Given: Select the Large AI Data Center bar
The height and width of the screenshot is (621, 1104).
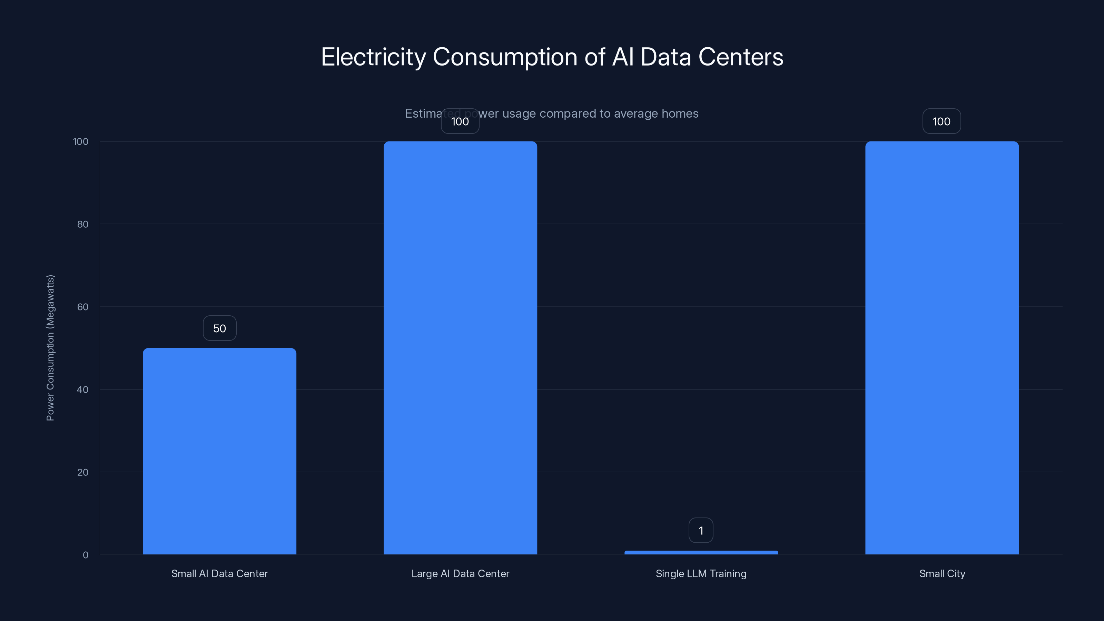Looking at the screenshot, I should point(460,347).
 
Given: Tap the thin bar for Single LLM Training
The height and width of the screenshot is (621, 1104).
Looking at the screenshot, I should point(701,552).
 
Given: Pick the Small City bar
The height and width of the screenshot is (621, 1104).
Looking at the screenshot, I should point(942,347).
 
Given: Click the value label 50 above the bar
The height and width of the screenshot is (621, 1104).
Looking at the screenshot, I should point(219,328).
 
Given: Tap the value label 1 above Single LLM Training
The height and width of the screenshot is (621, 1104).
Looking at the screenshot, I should point(701,531).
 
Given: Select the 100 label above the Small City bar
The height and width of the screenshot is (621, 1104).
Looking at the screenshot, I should point(942,121).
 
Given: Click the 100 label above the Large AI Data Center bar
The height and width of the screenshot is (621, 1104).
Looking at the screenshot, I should point(460,121).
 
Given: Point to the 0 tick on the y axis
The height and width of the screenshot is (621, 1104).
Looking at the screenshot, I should point(85,555).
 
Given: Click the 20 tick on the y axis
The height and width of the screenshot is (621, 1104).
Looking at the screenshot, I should point(83,472).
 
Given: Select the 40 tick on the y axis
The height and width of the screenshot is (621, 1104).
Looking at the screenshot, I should point(83,390).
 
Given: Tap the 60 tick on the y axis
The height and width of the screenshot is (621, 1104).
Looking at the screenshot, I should point(83,307).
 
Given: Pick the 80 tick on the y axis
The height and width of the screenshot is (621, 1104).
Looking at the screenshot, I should point(83,224).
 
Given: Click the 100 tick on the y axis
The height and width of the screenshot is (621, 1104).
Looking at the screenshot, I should point(81,141).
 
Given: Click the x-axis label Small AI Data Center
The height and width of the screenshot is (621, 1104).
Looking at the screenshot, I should point(219,573).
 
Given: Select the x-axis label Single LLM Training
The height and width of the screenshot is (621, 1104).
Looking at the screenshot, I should point(701,573).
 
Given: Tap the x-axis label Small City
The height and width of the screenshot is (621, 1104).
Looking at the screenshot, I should point(942,573).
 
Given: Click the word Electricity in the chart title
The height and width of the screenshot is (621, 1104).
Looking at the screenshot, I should point(373,57).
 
